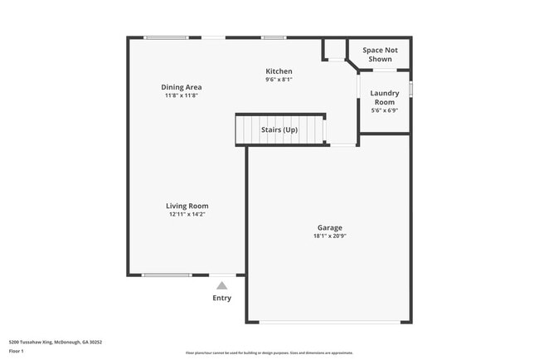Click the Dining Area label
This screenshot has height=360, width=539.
pyautogui.click(x=182, y=87)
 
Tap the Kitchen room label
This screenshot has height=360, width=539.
pyautogui.click(x=279, y=71)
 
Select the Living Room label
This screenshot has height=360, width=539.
pyautogui.click(x=187, y=206)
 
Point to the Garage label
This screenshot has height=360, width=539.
pyautogui.click(x=329, y=227)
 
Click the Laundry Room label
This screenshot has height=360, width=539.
pyautogui.click(x=384, y=97)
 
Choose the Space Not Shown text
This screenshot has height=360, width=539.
pyautogui.click(x=379, y=55)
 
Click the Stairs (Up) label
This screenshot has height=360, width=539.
pyautogui.click(x=279, y=130)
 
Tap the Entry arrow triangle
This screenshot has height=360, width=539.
pyautogui.click(x=221, y=285)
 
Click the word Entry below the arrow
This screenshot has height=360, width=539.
pyautogui.click(x=221, y=299)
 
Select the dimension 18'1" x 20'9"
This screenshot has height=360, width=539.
pyautogui.click(x=329, y=236)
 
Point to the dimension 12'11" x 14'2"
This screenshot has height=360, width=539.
pyautogui.click(x=187, y=215)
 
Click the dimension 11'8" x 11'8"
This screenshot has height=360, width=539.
pyautogui.click(x=182, y=95)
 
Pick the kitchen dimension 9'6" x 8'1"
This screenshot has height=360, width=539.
pyautogui.click(x=279, y=80)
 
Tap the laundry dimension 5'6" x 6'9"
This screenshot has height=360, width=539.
pyautogui.click(x=384, y=110)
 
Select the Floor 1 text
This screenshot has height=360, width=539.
pyautogui.click(x=17, y=351)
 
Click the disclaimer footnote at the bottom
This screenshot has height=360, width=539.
pyautogui.click(x=269, y=353)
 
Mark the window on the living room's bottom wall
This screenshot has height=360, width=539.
pyautogui.click(x=167, y=275)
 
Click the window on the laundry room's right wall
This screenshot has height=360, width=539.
pyautogui.click(x=411, y=88)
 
